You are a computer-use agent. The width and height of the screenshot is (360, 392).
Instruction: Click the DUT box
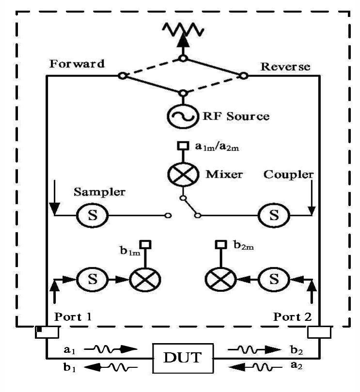pos(183,359)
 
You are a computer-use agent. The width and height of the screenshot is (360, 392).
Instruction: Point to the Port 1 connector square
pos(47,332)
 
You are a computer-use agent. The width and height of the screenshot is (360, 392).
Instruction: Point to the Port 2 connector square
pos(319,332)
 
